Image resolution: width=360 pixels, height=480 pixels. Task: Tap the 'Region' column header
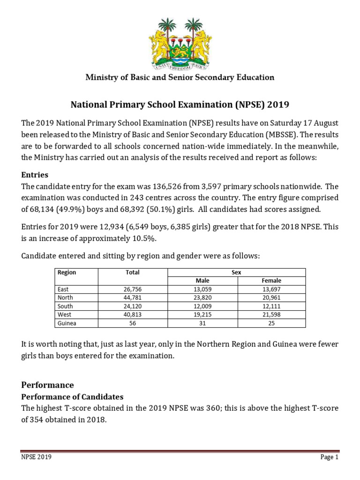pyautogui.click(x=67, y=272)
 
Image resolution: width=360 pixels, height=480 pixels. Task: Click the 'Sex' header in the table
pyautogui.click(x=237, y=272)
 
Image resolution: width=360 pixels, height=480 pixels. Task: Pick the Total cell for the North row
pyautogui.click(x=133, y=298)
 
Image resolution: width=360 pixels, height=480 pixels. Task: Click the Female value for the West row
pyautogui.click(x=271, y=315)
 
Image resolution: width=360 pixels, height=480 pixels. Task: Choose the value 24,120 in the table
pyautogui.click(x=133, y=306)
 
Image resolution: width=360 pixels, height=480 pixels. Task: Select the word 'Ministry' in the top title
pyautogui.click(x=102, y=77)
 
